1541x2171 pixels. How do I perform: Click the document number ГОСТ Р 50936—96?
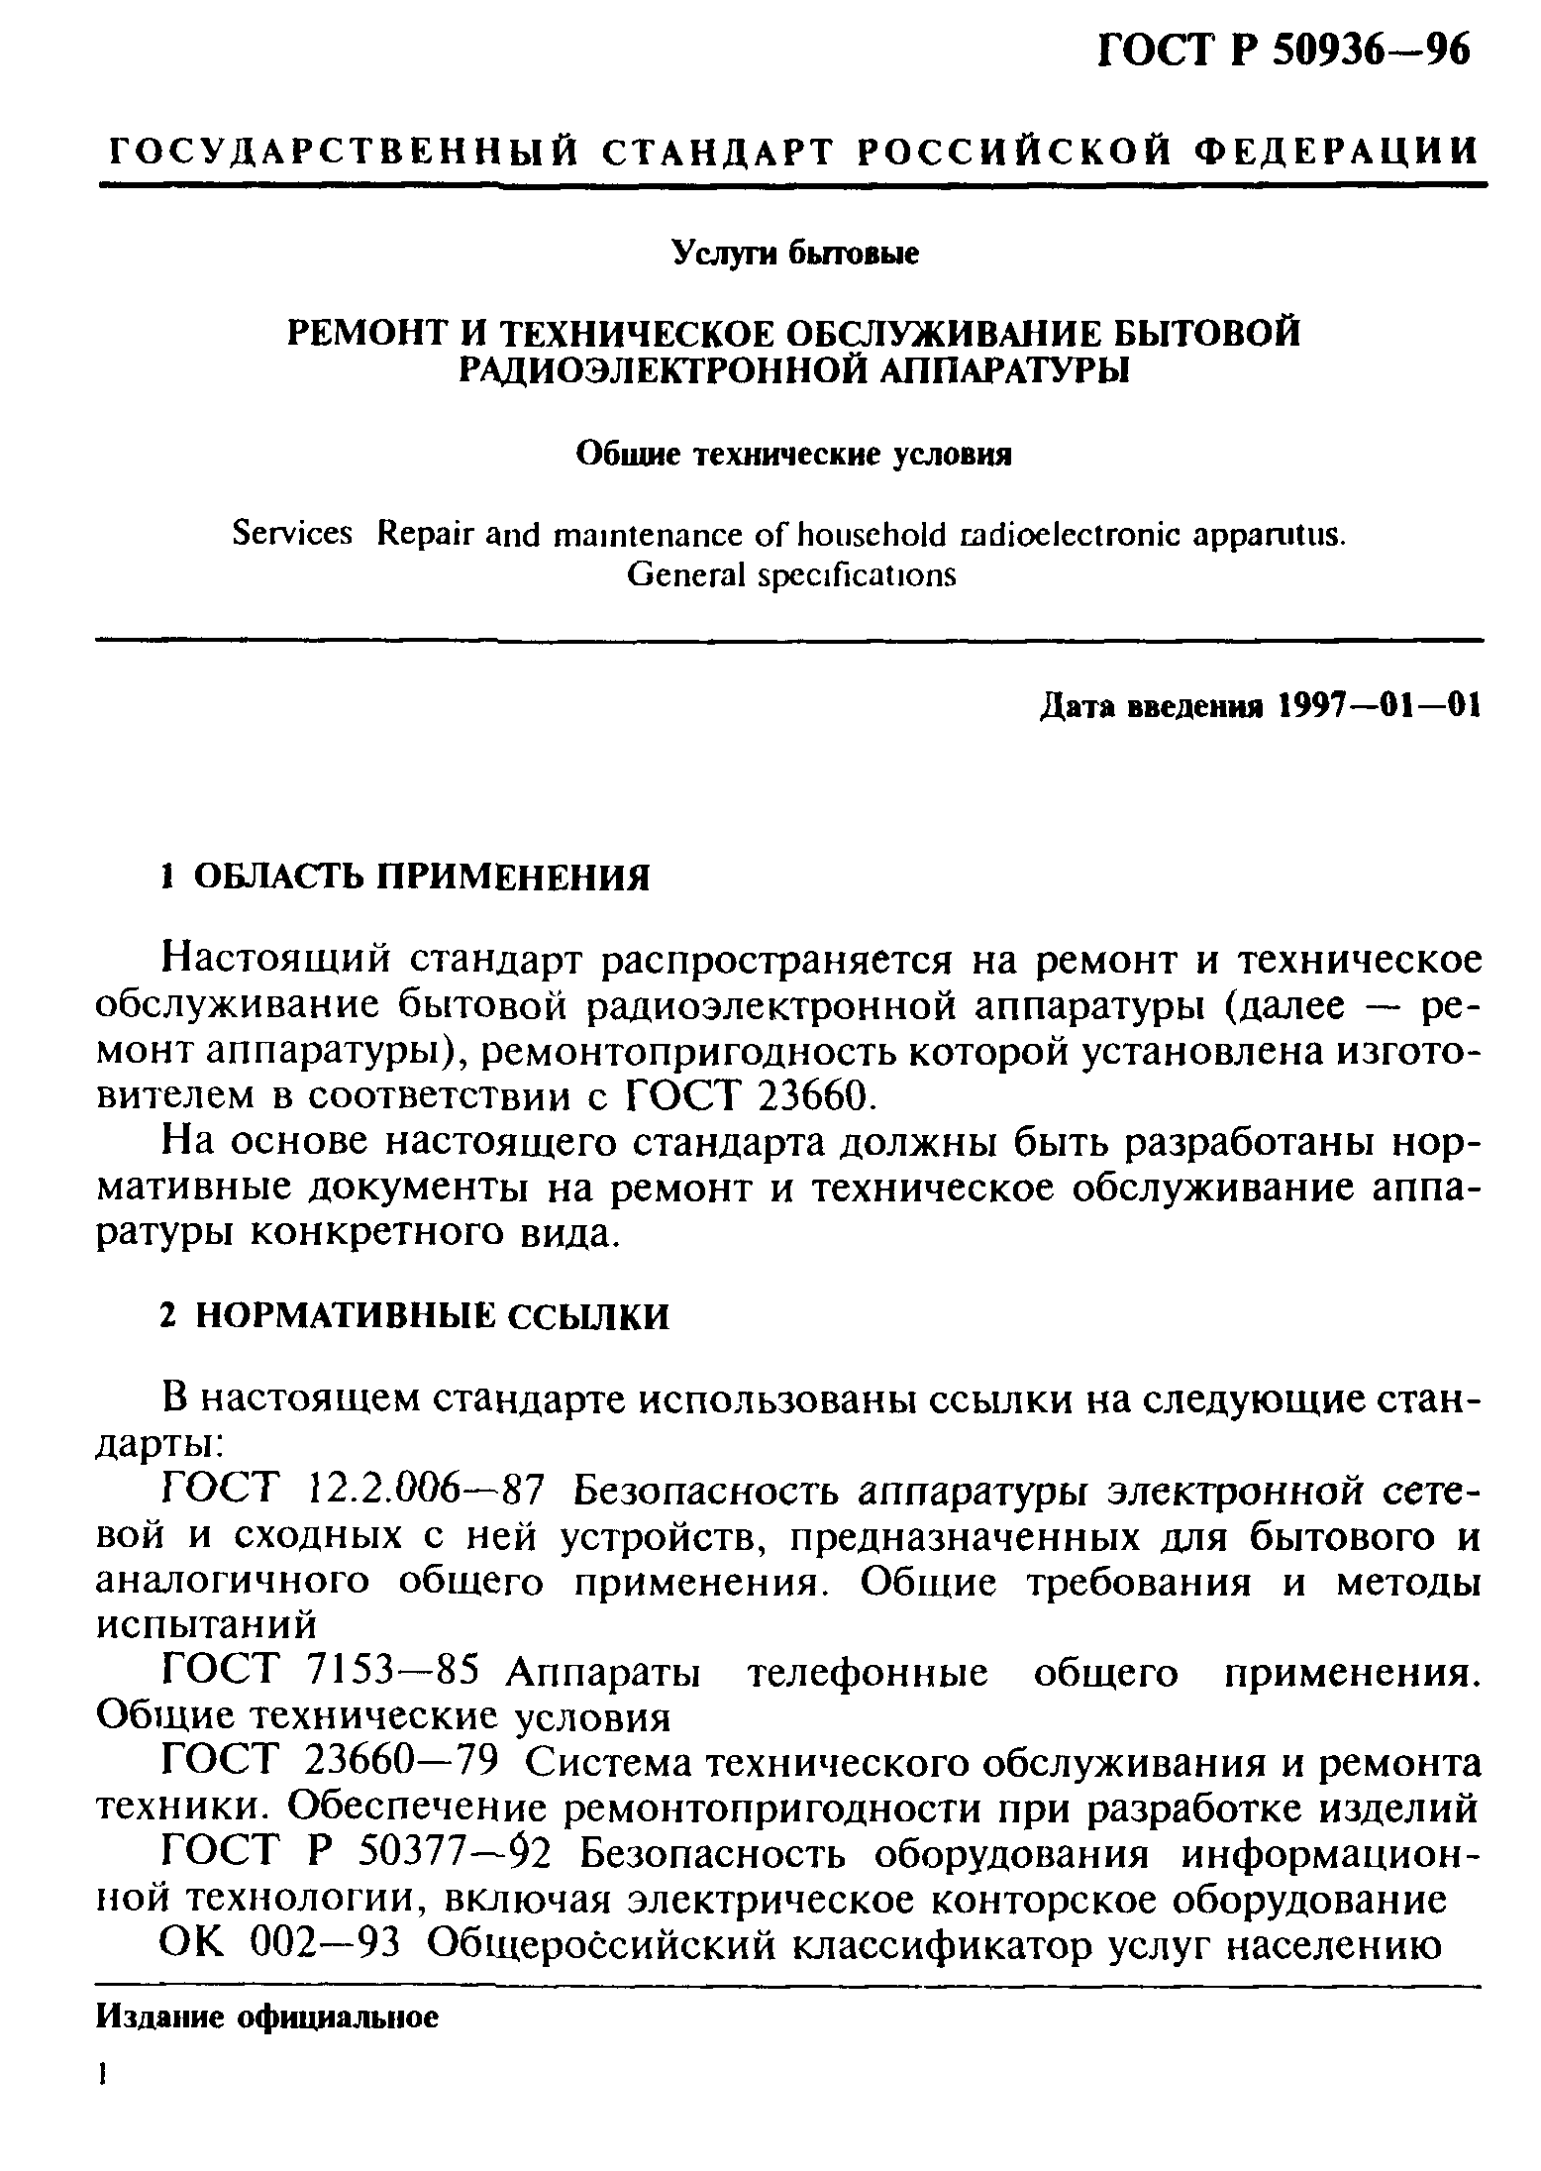[1286, 49]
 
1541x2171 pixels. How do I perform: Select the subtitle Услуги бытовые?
[795, 254]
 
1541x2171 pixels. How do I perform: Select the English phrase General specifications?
[793, 574]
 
